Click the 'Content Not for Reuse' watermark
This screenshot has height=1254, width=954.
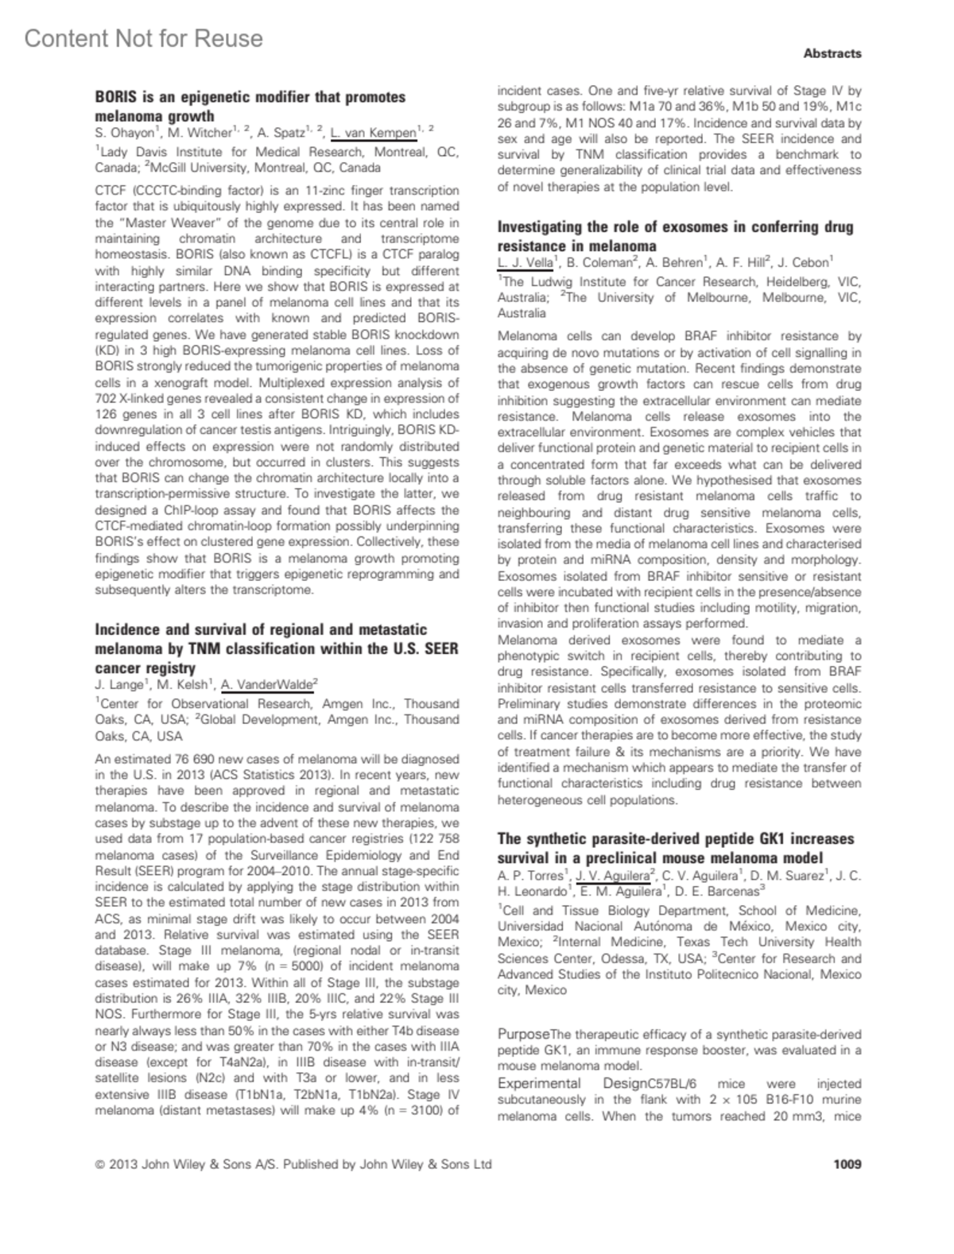143,38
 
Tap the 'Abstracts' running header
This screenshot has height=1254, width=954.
832,53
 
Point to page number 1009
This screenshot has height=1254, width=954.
847,1164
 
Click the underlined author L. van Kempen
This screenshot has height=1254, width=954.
374,133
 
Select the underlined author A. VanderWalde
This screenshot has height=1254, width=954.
267,684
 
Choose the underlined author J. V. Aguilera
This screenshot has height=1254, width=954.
612,875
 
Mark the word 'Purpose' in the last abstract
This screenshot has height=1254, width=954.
523,1034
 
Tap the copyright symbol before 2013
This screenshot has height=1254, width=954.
99,1165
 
